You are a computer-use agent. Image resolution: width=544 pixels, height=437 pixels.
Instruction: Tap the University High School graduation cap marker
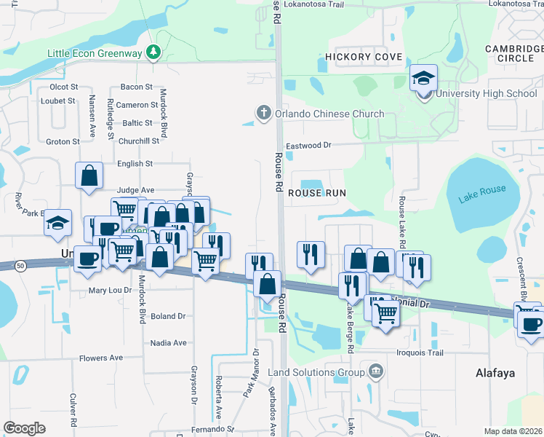(x=423, y=78)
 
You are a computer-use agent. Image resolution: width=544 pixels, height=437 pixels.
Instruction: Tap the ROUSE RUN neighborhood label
(x=316, y=192)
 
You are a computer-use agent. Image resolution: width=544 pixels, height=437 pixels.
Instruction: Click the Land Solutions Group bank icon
(x=375, y=372)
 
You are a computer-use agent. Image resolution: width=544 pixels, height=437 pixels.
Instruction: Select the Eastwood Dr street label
(x=308, y=146)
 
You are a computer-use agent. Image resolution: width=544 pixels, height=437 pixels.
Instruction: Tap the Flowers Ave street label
(x=101, y=358)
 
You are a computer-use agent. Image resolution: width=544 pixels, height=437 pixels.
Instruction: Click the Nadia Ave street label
(x=169, y=342)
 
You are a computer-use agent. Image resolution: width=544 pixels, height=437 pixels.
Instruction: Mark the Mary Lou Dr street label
(x=110, y=290)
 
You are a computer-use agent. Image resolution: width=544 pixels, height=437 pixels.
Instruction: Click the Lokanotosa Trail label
(x=313, y=4)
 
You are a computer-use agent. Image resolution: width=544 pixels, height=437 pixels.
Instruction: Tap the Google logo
(x=24, y=428)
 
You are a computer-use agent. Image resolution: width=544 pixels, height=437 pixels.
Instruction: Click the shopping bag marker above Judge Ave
(x=89, y=176)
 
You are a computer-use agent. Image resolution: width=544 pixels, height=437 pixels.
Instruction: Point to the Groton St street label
(x=63, y=142)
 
